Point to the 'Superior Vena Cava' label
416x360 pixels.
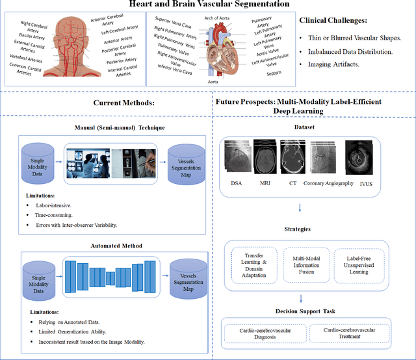[172, 22]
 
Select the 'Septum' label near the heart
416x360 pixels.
[274, 74]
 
